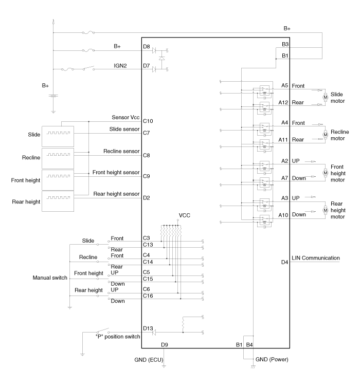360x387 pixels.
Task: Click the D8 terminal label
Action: click(x=147, y=47)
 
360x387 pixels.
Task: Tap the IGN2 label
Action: click(x=120, y=66)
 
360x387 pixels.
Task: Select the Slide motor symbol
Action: click(x=325, y=96)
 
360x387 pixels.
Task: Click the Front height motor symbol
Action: click(x=325, y=173)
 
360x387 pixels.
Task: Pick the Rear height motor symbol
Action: click(x=325, y=210)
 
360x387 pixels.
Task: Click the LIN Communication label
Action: click(x=316, y=258)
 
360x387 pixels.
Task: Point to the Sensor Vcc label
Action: click(x=126, y=118)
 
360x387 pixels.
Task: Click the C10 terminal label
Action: click(x=148, y=121)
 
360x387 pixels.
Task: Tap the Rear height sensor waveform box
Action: click(x=57, y=198)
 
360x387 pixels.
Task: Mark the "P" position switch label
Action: click(x=118, y=337)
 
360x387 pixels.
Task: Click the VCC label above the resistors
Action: click(x=185, y=215)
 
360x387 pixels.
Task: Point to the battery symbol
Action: click(x=54, y=95)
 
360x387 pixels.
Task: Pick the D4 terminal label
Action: click(x=284, y=262)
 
